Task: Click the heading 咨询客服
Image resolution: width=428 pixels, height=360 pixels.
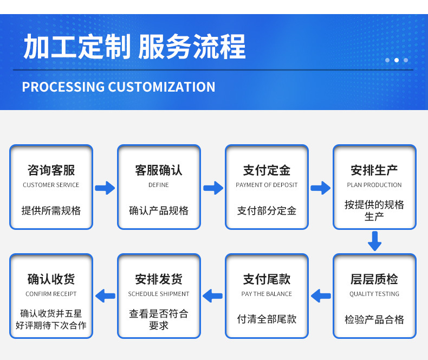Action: click(51, 170)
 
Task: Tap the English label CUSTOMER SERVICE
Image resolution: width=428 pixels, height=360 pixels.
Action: click(51, 185)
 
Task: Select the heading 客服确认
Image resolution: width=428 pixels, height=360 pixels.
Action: click(159, 170)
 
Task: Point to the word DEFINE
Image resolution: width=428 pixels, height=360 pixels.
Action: click(159, 185)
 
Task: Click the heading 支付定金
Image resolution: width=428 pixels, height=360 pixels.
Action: click(267, 170)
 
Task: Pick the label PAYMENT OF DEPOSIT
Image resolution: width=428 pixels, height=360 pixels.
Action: click(267, 185)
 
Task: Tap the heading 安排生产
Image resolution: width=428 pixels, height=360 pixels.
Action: click(374, 170)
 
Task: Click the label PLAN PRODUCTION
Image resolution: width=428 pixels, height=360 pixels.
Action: click(374, 185)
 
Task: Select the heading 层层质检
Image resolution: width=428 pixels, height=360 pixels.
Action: click(374, 279)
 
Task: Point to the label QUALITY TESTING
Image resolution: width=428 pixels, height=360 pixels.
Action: click(374, 294)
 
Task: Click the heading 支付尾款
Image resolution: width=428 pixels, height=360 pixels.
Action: click(267, 279)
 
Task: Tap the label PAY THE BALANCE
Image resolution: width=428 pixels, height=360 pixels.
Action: click(267, 294)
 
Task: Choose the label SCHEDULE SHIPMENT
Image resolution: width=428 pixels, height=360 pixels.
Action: click(159, 294)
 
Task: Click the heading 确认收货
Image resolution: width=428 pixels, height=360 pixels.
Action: click(51, 279)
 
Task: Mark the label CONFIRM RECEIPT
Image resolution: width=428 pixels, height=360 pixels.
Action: click(51, 294)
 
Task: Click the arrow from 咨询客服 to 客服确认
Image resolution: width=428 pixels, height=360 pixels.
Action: click(105, 188)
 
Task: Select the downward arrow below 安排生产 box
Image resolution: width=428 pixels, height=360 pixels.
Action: click(374, 241)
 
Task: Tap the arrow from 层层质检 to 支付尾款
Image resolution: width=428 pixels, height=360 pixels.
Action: click(321, 296)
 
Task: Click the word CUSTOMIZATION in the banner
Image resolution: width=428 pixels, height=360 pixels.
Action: click(161, 87)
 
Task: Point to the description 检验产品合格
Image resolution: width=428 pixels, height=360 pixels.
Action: click(374, 319)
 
